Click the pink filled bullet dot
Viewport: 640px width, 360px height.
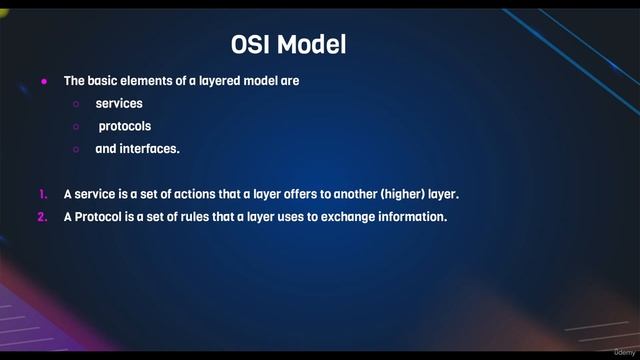[x=44, y=81]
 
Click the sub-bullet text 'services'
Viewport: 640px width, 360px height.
[x=119, y=104]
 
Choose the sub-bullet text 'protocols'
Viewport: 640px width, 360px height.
[x=125, y=127]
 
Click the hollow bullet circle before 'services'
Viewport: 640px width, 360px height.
[x=76, y=104]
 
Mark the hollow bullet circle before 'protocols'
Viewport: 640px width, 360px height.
[x=76, y=127]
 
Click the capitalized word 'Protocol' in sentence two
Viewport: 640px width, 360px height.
[x=97, y=216]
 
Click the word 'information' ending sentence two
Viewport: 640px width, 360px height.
[x=411, y=216]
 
